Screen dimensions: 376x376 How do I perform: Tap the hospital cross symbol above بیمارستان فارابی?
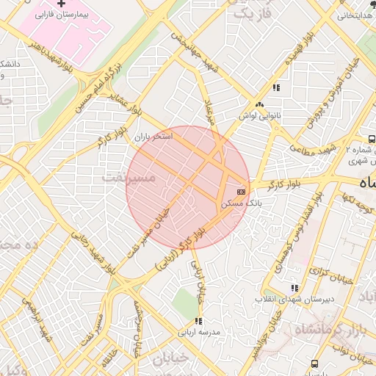click(71, 4)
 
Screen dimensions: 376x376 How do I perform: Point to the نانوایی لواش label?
click(258, 115)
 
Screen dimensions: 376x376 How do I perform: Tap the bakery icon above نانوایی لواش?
click(258, 105)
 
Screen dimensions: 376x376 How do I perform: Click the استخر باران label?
click(153, 137)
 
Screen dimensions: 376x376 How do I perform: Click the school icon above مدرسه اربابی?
click(198, 321)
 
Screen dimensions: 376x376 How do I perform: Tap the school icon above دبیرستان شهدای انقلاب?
click(294, 288)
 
